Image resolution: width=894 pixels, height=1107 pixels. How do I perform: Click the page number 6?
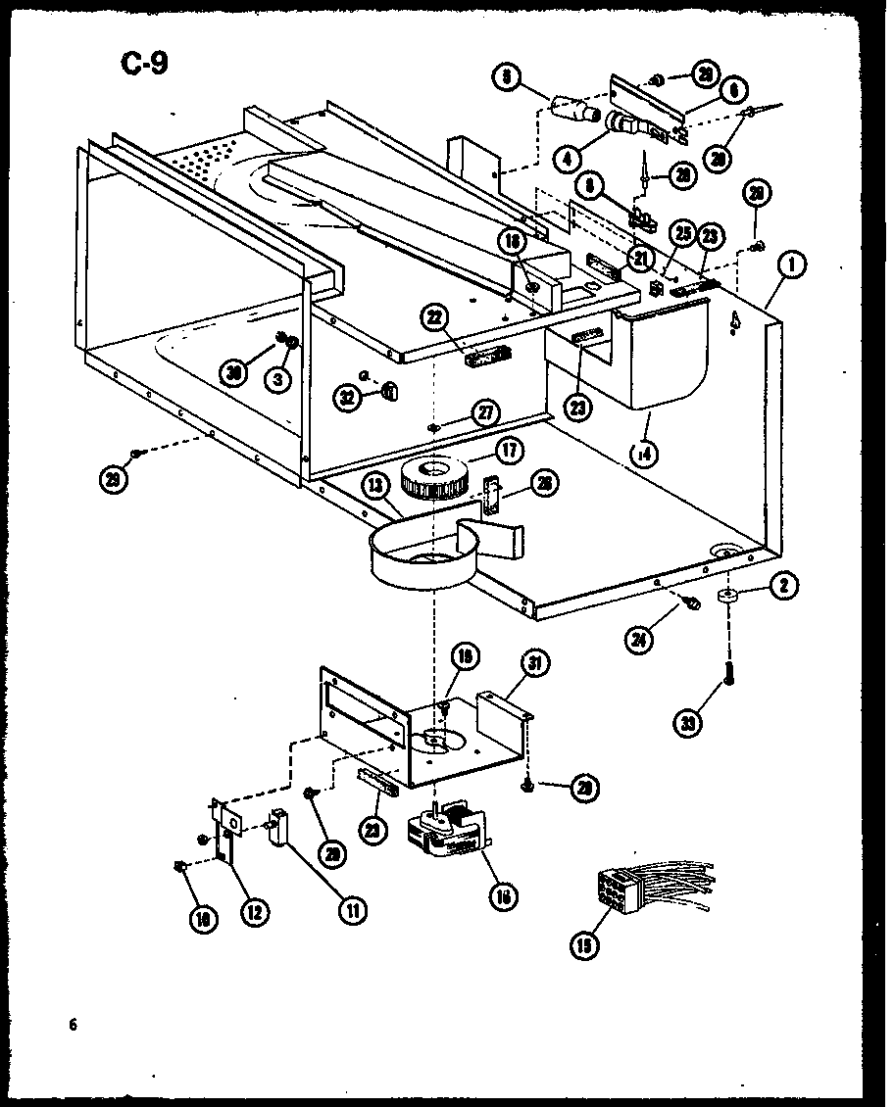(x=73, y=1026)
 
